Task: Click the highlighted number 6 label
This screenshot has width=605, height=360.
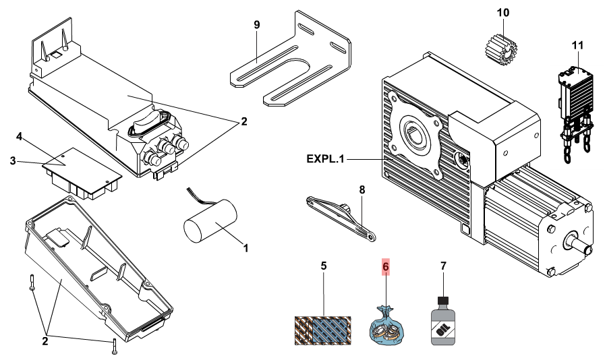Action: (386, 266)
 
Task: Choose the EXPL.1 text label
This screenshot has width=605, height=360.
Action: (325, 159)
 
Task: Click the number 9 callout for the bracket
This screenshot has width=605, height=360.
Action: (256, 25)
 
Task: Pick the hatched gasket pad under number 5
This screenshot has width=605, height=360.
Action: (324, 331)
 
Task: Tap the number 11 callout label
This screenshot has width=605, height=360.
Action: (576, 45)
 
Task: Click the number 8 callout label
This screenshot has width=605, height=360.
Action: (362, 190)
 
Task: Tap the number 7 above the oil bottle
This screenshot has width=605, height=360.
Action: (443, 266)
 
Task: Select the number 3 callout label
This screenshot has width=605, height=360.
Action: (13, 160)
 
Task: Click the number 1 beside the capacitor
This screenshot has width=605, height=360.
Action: (246, 248)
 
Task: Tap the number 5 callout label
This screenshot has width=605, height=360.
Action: (324, 266)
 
